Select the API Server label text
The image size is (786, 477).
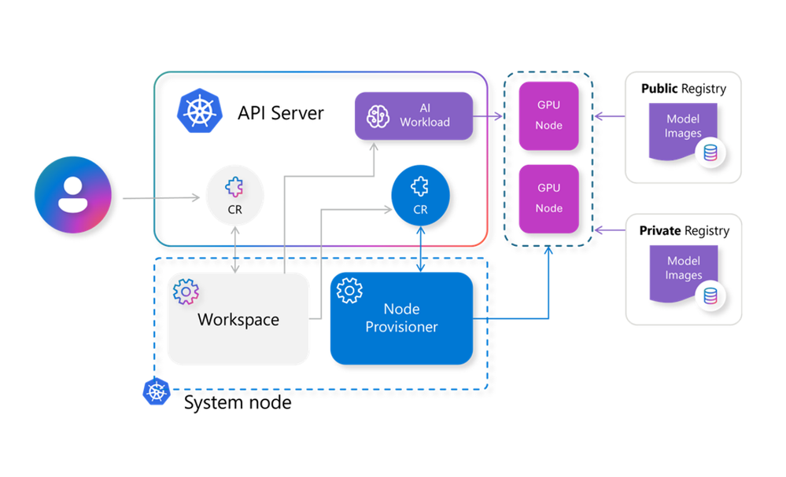[x=281, y=112]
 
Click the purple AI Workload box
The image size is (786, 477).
[x=414, y=116]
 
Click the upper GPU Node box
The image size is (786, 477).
[x=548, y=116]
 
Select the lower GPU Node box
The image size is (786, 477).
[x=548, y=198]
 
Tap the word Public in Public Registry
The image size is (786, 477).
[x=659, y=89]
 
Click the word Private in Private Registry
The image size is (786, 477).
[x=660, y=231]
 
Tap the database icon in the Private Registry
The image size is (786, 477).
[x=710, y=295]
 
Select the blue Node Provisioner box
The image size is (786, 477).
[x=401, y=318]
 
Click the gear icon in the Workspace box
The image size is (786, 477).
[x=186, y=292]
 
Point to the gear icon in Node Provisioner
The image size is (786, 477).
[x=349, y=291]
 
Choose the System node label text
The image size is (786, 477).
[x=238, y=403]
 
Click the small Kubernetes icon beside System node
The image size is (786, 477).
[x=157, y=391]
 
